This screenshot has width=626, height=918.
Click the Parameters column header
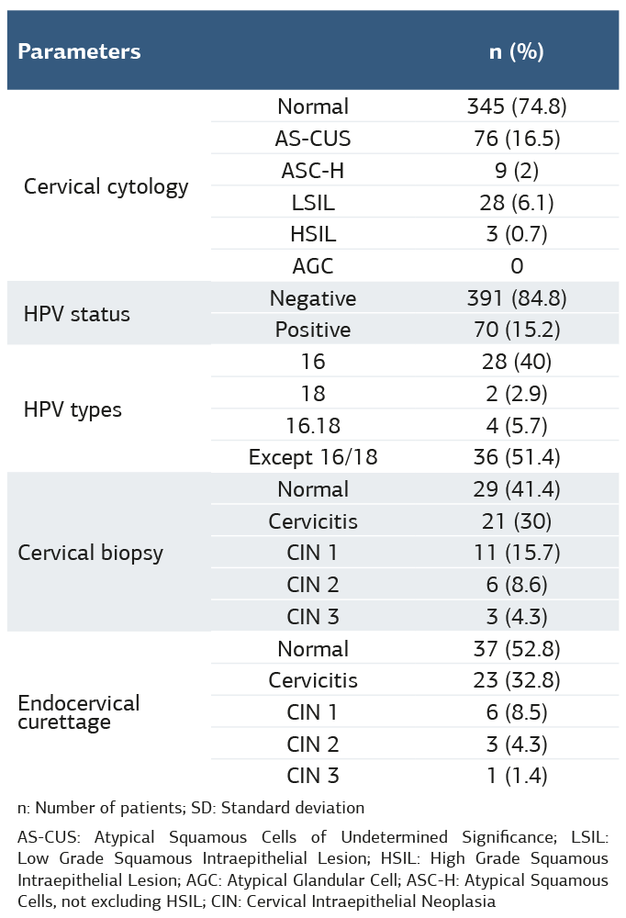click(x=80, y=51)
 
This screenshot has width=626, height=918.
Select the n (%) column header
click(x=516, y=51)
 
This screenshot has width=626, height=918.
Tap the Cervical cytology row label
click(x=106, y=186)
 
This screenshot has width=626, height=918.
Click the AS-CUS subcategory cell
click(x=313, y=139)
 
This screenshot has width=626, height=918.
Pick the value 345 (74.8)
click(x=516, y=106)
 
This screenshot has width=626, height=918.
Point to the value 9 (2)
click(x=516, y=170)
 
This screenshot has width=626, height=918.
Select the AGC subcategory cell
click(x=313, y=266)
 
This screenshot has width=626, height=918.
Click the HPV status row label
click(x=76, y=314)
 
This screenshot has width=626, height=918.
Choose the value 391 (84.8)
click(x=516, y=298)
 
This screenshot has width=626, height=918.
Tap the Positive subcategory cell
click(x=313, y=330)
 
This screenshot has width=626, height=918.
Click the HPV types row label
click(x=73, y=409)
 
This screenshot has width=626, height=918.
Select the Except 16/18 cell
click(x=313, y=457)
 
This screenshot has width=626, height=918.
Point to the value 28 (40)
click(x=516, y=362)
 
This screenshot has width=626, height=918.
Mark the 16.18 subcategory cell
click(x=313, y=425)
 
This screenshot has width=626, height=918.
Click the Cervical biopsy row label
click(x=90, y=553)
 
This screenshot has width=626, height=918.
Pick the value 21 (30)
click(x=516, y=521)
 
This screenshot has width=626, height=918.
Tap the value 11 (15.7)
click(x=516, y=553)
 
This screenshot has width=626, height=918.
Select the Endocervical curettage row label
click(x=79, y=712)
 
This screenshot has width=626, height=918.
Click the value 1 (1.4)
click(x=516, y=776)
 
